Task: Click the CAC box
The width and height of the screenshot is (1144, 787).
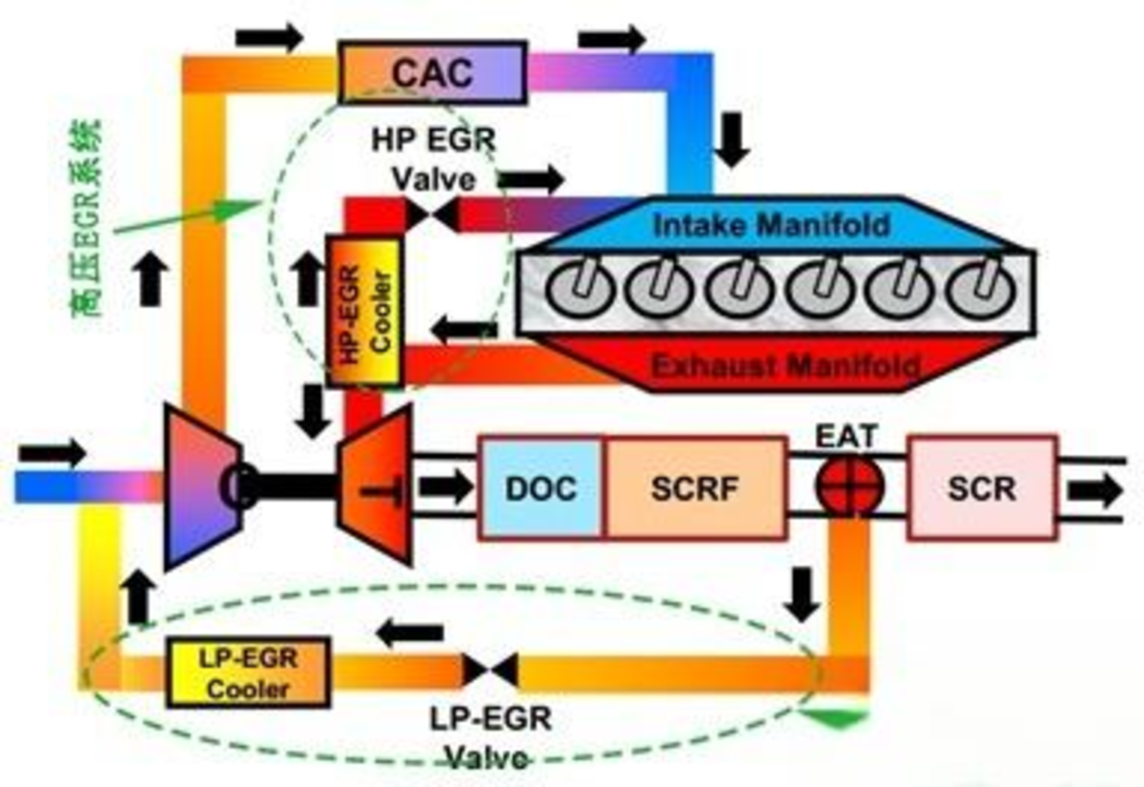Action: (x=432, y=72)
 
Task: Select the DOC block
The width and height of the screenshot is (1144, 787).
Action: (x=541, y=488)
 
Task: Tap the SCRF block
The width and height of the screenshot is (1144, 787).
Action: (x=695, y=488)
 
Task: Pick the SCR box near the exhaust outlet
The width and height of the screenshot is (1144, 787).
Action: (x=982, y=488)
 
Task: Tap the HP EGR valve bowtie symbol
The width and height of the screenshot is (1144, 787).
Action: (x=432, y=215)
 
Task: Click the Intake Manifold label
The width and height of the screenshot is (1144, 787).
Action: (x=771, y=225)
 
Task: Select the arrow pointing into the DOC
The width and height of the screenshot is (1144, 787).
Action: (x=445, y=487)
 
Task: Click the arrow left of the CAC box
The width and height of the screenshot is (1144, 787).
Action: (x=269, y=37)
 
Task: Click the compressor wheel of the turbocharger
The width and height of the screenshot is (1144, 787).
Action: (x=203, y=487)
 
